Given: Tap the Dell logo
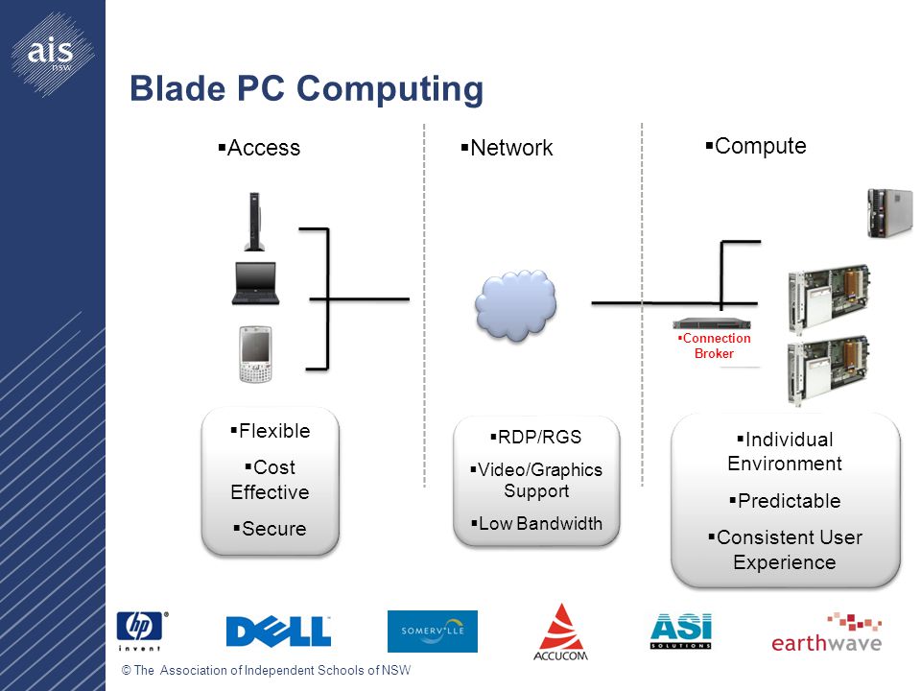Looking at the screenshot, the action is [278, 631].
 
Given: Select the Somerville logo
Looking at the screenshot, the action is [433, 631].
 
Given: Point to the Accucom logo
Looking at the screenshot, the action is [561, 632].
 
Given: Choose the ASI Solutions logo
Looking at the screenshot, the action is [681, 631].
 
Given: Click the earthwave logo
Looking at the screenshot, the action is [826, 632].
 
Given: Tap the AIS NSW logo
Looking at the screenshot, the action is [52, 54].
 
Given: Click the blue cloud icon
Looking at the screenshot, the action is [516, 304].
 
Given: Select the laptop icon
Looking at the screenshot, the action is [255, 283].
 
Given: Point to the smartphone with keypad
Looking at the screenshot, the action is [256, 354].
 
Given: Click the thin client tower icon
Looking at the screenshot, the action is [254, 222].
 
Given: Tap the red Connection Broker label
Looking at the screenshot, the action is [714, 345].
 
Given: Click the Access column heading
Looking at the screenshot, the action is [259, 148].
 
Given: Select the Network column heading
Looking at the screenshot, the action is [507, 148].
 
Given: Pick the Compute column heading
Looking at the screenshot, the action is [756, 146].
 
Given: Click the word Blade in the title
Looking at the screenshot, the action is [177, 88].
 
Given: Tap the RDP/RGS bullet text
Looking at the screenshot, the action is [535, 438].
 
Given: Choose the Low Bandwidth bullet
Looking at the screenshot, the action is [537, 523].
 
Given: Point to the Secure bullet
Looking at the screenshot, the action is [270, 529].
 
